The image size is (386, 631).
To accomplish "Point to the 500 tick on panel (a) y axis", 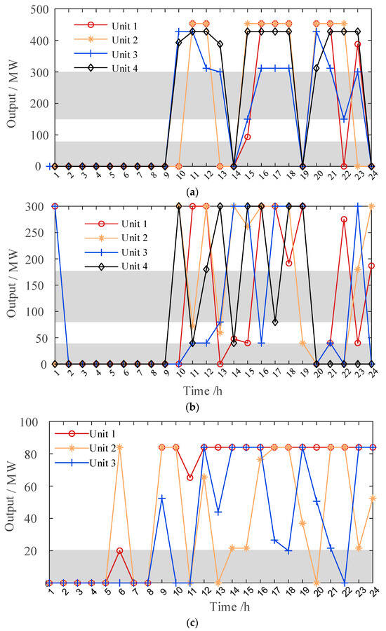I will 33,9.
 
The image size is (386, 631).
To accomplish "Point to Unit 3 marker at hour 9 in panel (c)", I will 162,498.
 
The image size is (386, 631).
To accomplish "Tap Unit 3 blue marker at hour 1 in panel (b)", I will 54,206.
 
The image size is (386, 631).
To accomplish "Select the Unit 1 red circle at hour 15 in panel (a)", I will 247,137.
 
